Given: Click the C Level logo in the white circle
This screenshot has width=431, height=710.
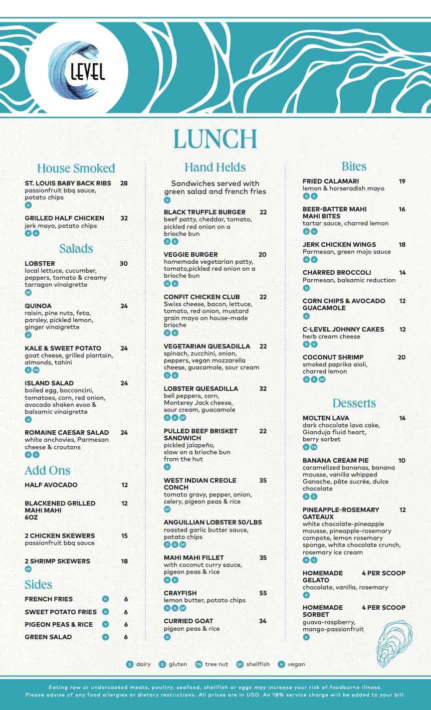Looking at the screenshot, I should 77,69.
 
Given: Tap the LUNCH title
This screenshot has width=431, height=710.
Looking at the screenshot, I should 215,139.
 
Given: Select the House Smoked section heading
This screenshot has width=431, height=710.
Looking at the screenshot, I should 76,168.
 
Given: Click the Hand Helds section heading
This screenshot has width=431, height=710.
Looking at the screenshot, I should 215,167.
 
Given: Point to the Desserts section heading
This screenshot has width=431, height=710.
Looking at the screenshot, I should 354,403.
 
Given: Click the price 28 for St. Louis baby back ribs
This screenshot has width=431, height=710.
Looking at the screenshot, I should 124,183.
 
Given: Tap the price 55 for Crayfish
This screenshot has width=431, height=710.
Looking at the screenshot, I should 263,593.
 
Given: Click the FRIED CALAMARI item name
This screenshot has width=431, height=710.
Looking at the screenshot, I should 331,181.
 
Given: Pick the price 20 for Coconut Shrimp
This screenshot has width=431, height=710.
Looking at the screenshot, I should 402,357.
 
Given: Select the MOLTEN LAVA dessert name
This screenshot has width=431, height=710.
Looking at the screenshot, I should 326,418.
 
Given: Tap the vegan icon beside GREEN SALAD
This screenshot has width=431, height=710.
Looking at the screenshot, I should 105,637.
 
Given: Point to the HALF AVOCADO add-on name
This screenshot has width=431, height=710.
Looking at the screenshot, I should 51,485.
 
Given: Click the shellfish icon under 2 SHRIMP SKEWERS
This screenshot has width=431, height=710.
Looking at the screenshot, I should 28,569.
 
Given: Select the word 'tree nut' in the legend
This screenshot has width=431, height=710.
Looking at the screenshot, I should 217,664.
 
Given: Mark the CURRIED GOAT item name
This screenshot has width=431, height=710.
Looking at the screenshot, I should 188,621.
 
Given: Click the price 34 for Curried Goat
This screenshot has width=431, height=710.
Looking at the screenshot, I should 263,621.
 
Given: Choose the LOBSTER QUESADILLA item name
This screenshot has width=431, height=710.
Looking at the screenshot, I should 201,389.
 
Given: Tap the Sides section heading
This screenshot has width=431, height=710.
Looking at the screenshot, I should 38,584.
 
